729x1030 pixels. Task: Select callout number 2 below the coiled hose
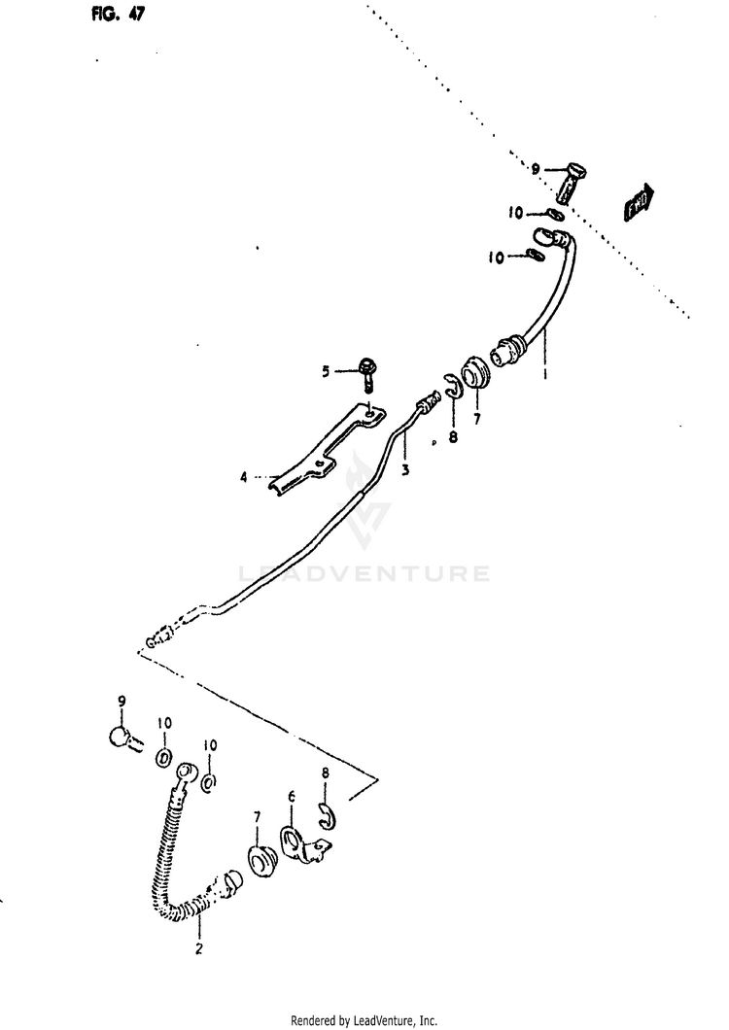(x=198, y=949)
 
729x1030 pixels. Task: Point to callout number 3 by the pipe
(x=404, y=468)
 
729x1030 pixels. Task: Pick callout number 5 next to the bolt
(x=328, y=370)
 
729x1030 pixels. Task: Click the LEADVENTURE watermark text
(x=364, y=573)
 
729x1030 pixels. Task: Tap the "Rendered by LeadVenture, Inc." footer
(x=364, y=1020)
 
